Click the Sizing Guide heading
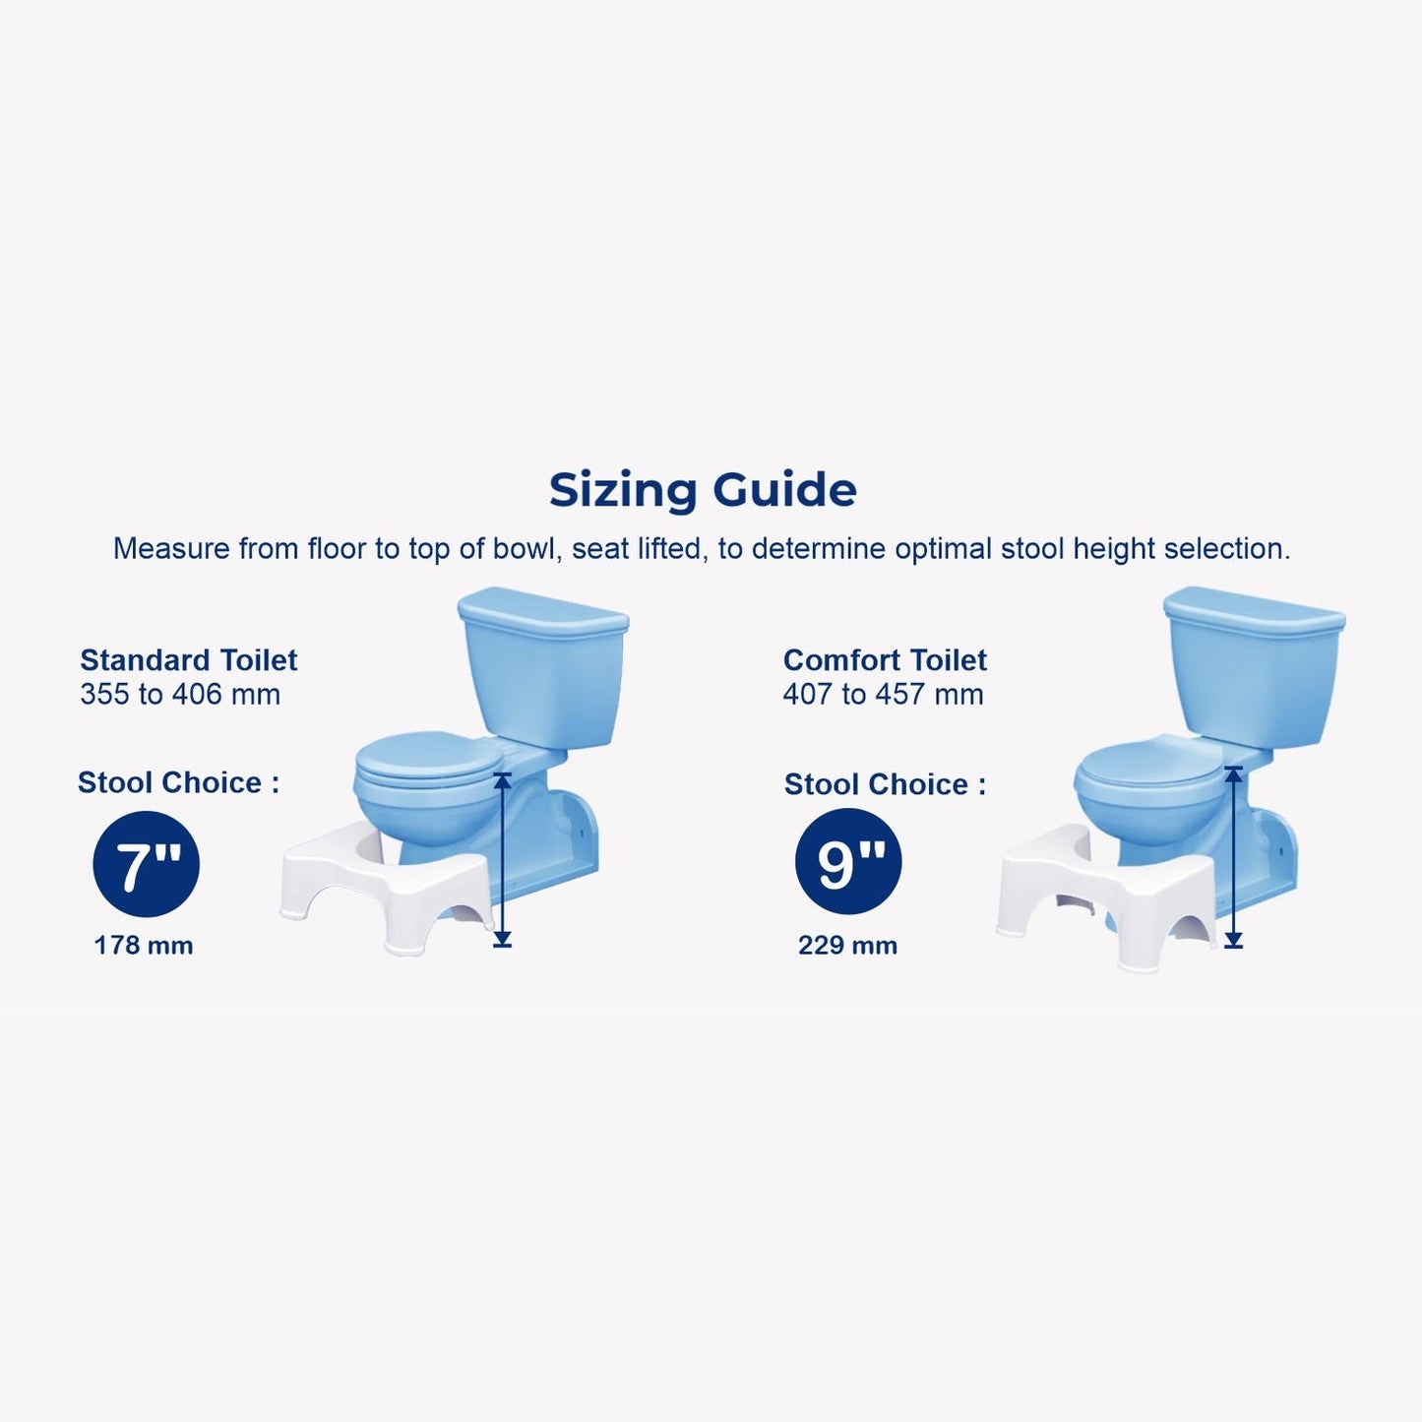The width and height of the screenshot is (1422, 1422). (703, 490)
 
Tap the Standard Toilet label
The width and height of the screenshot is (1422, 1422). (189, 659)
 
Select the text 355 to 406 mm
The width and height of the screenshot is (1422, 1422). (180, 695)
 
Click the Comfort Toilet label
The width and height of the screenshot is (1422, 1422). (885, 659)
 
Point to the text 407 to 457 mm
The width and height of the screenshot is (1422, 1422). (884, 695)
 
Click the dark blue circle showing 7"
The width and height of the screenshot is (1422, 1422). (146, 864)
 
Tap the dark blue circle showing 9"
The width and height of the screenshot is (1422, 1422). (848, 861)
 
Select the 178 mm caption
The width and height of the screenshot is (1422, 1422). (144, 946)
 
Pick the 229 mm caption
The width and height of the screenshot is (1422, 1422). (848, 946)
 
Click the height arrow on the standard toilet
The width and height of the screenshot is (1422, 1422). (503, 860)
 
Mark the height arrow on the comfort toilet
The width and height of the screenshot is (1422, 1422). (1233, 857)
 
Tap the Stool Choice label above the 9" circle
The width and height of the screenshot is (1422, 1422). (885, 784)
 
